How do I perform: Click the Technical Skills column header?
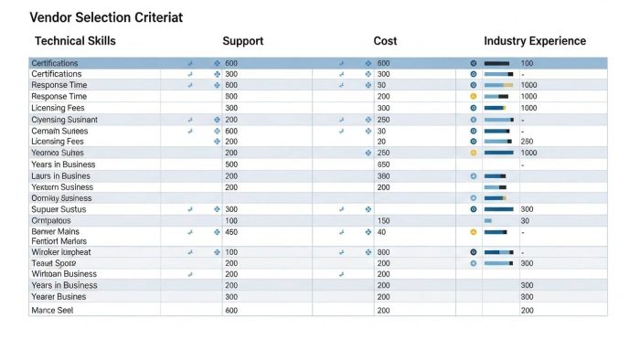pos(75,41)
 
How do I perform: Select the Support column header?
pos(243,41)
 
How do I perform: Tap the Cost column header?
pos(385,41)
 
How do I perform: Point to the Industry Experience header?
pos(535,41)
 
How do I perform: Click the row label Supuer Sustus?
pos(58,209)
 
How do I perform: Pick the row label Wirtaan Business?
pos(64,274)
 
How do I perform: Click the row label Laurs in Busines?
pos(61,175)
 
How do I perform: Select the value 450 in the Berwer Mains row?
pos(231,232)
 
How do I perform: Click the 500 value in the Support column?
pos(231,164)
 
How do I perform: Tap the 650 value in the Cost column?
pos(383,164)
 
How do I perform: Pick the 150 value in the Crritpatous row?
pos(383,221)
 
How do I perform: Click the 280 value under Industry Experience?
pos(527,142)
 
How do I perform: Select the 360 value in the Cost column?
pos(383,175)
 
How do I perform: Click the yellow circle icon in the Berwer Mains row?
pos(473,232)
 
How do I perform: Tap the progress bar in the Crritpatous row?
pos(488,221)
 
